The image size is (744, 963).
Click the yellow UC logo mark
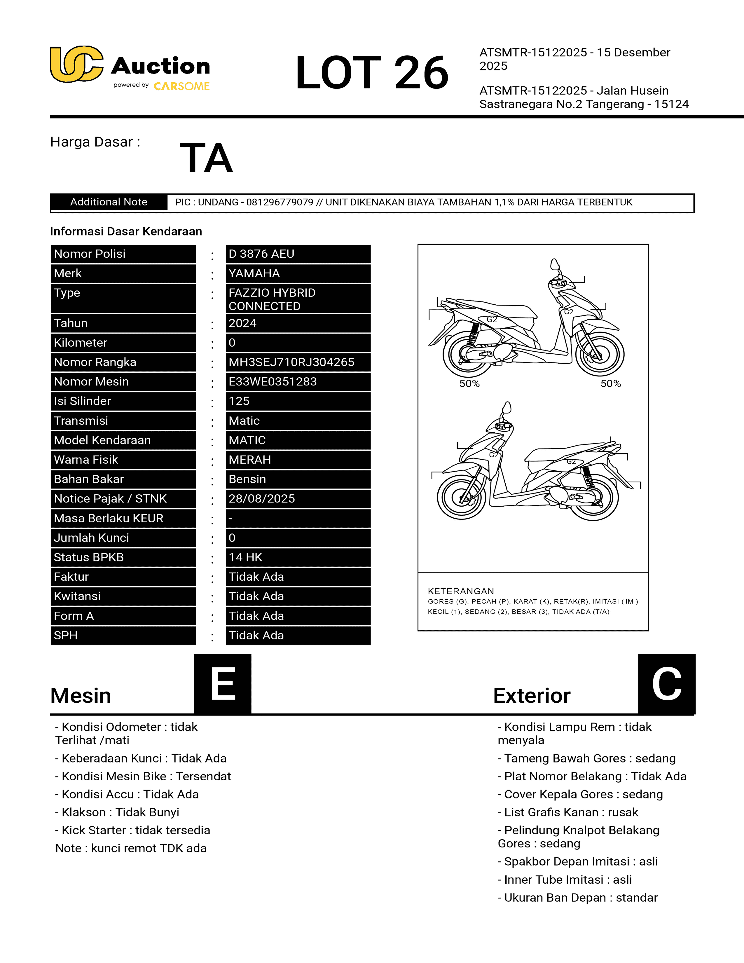pos(76,64)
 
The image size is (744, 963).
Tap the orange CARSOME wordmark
pos(181,86)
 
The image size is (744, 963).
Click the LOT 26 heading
pos(371,72)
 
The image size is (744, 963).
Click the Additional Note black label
pos(109,202)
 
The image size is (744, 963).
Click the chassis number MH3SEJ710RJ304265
pos(291,362)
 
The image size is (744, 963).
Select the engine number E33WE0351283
pos(273,381)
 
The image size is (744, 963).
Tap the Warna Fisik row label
pos(86,459)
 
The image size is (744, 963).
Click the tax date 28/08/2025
pos(262,499)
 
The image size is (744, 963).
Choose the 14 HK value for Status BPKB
pos(245,557)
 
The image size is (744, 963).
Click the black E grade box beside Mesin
pos(223,683)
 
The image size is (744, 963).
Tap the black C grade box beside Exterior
pos(666,683)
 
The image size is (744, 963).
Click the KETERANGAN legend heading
pos(461,591)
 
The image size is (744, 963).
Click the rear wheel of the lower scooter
pos(593,497)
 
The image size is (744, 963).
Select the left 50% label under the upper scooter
pos(469,384)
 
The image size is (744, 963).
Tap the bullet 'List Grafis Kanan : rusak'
pos(568,812)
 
